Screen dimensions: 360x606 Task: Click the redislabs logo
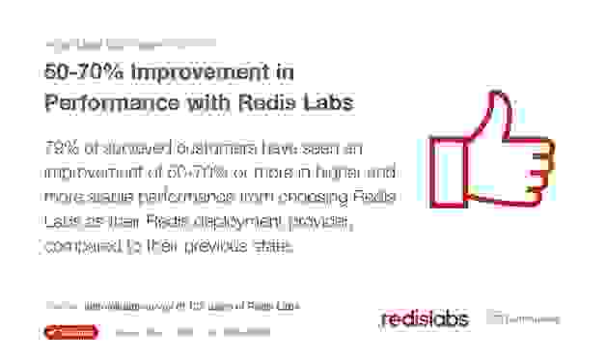pyautogui.click(x=424, y=318)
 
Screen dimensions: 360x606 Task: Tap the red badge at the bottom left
pyautogui.click(x=70, y=332)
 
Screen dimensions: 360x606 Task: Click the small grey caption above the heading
pyautogui.click(x=129, y=42)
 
